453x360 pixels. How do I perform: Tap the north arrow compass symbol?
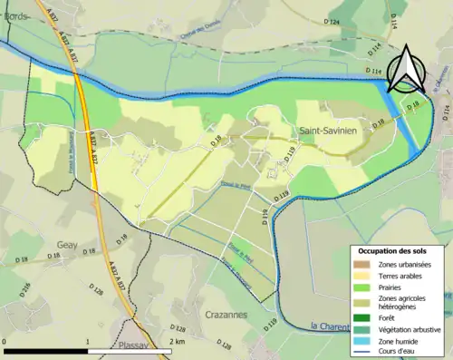[405, 69]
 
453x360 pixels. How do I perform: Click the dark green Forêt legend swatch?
[362, 316]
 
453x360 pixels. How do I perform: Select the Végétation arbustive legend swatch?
[362, 329]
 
